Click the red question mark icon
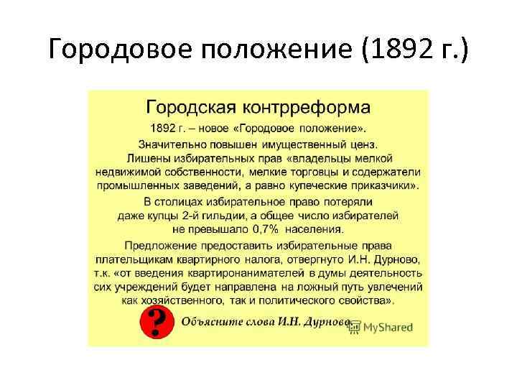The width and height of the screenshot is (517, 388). [157, 323]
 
